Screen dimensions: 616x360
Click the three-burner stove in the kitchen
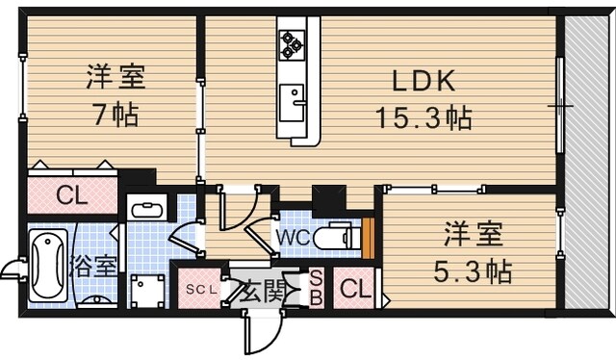click(x=292, y=41)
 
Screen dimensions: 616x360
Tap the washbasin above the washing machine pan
click(x=147, y=208)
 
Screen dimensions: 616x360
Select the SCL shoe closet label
click(x=202, y=289)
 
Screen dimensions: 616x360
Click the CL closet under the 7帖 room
click(x=70, y=195)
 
